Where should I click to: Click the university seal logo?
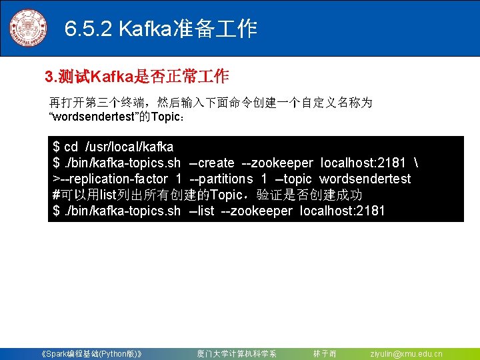(28, 29)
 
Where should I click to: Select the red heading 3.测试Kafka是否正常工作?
(137, 77)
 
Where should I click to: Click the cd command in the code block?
(71, 147)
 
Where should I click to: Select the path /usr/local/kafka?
(129, 147)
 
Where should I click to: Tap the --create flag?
(211, 163)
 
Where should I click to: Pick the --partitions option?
(221, 179)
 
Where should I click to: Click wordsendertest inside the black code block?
(365, 179)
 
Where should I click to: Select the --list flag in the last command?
(202, 211)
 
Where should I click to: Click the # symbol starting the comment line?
(56, 195)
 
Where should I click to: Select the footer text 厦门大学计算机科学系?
(237, 353)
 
